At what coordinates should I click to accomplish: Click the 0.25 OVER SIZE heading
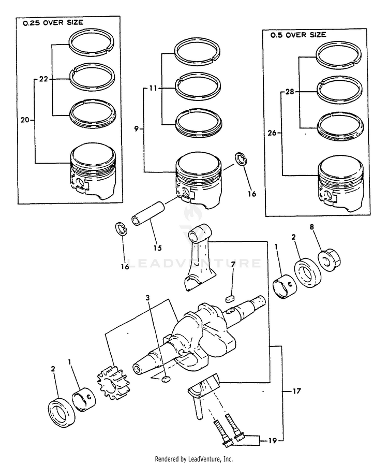pyautogui.click(x=53, y=23)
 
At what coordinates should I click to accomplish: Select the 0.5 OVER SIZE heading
pyautogui.click(x=297, y=35)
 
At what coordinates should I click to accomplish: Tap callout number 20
pyautogui.click(x=25, y=120)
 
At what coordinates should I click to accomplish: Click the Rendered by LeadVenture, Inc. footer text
pyautogui.click(x=193, y=459)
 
